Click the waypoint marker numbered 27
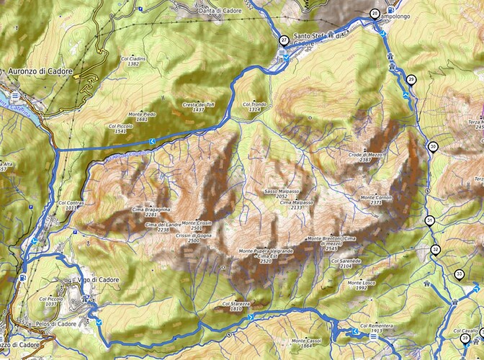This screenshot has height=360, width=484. pos(284,40)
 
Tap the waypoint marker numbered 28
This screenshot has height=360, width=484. pos(375,14)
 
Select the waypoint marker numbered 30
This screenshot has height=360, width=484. pos(432,147)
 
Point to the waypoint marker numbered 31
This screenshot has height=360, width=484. pos(429,220)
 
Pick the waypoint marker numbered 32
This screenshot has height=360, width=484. pos(435,250)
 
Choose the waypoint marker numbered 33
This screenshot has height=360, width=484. pos(459,274)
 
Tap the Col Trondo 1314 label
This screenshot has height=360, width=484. pos(259,107)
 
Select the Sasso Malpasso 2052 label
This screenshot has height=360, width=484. pos(282,193)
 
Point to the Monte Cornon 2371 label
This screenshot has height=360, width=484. pos(375,200)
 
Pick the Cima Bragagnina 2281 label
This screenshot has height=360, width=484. pos(151,212)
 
